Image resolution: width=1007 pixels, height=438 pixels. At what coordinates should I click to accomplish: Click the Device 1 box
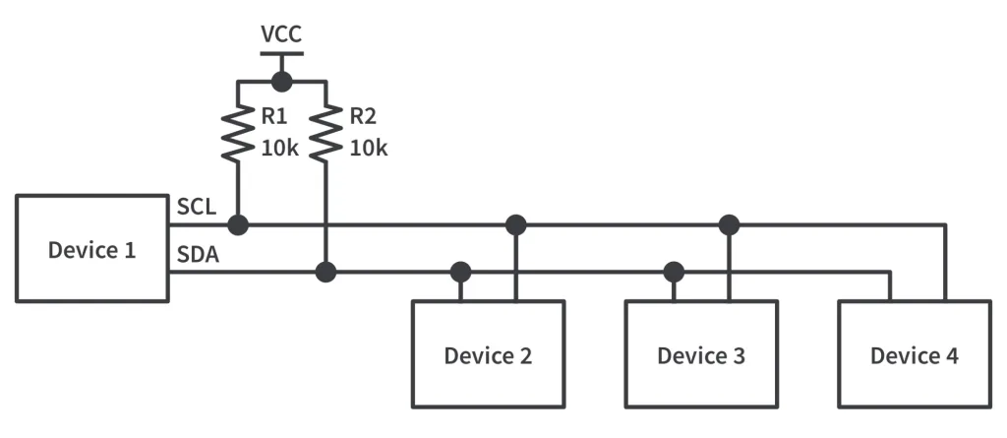(x=92, y=248)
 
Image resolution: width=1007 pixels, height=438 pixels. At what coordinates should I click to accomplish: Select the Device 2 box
(x=488, y=354)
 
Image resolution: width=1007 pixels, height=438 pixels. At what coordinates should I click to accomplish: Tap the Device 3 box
(x=701, y=354)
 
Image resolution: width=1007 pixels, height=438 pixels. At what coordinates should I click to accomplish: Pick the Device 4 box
(x=914, y=354)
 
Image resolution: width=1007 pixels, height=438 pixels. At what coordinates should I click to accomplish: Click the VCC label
(x=281, y=35)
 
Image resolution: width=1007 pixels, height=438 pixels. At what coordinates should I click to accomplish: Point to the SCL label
(x=197, y=208)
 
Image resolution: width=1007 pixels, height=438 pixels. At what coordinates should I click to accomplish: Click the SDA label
(x=198, y=255)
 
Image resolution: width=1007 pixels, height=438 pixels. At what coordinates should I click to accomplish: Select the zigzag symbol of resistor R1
(x=238, y=134)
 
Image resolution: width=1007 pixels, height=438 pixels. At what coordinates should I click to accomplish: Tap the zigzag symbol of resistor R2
(x=326, y=134)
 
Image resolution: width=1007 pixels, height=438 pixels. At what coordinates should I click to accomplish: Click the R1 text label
(x=273, y=117)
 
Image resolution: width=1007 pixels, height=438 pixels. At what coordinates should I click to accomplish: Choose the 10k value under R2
(x=369, y=149)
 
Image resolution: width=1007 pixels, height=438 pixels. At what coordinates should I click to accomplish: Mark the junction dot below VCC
(x=282, y=82)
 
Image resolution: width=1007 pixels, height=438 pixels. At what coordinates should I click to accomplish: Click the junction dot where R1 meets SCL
(x=238, y=224)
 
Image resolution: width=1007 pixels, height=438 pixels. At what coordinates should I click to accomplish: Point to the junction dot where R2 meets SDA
(x=326, y=272)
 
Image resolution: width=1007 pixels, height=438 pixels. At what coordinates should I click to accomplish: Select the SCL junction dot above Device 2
(x=515, y=224)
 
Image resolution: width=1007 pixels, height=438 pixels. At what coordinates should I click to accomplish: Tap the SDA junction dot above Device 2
(x=459, y=272)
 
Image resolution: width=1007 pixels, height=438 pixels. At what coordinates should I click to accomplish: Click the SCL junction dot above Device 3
(x=729, y=224)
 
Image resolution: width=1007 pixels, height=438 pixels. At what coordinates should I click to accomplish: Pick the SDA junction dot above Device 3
(x=674, y=272)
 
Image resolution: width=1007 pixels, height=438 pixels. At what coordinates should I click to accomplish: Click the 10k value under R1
(x=279, y=149)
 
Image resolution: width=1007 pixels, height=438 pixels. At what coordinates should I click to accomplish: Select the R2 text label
(x=363, y=117)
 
